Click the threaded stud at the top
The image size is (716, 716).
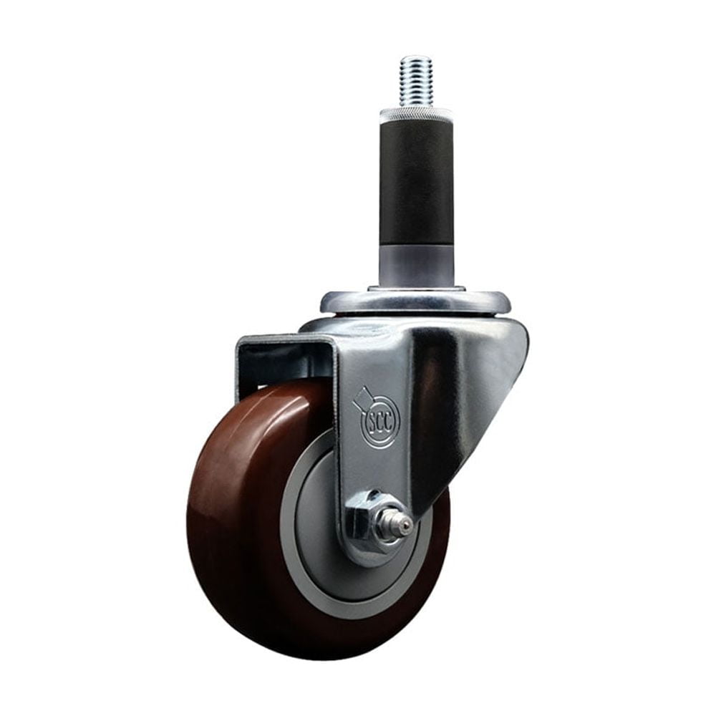coord(416,80)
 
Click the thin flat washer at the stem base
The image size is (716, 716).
coord(416,289)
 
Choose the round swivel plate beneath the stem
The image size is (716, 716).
coord(415,302)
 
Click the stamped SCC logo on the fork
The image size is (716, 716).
coord(379,420)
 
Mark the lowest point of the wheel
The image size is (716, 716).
coord(315,659)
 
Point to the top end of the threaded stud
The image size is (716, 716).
coord(416,57)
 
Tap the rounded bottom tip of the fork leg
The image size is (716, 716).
coord(372,562)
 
